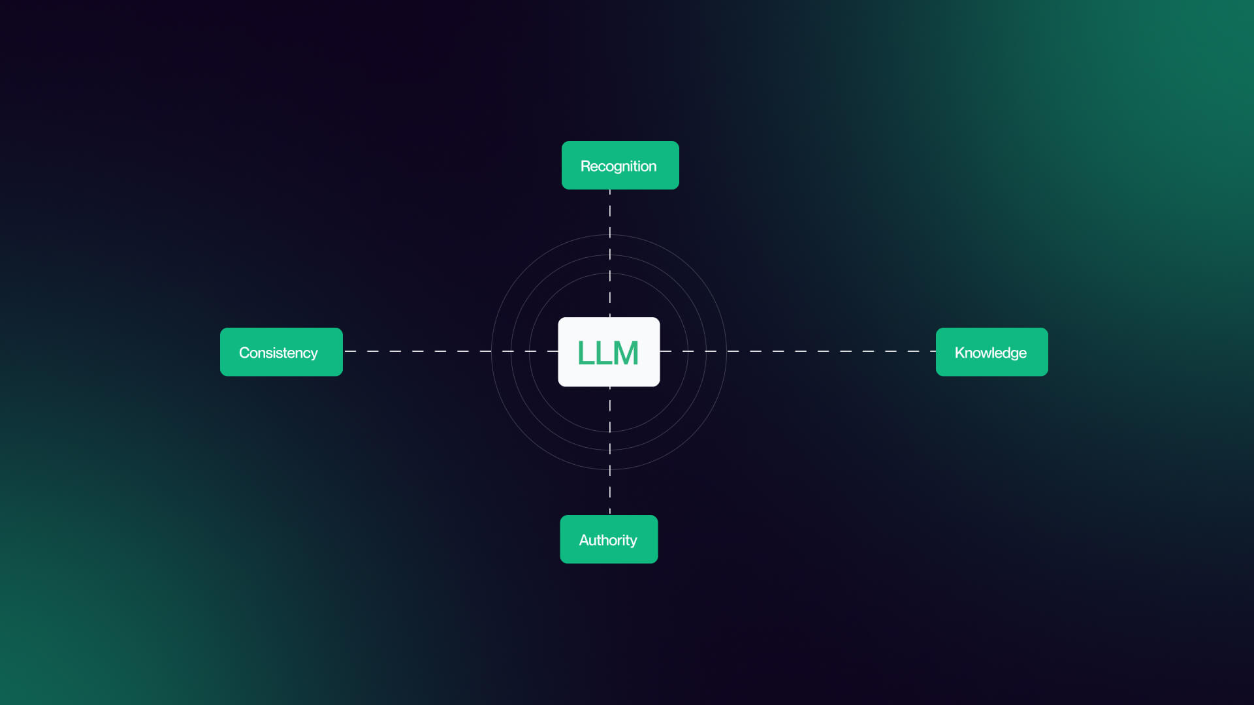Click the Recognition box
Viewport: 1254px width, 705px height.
click(x=620, y=165)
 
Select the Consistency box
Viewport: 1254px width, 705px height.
click(x=281, y=352)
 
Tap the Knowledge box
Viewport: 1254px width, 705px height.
click(x=991, y=352)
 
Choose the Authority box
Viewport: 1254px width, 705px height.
click(x=609, y=539)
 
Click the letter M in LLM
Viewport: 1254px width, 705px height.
click(x=626, y=353)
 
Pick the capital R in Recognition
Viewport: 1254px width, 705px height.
click(x=585, y=166)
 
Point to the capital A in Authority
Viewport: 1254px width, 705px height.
click(x=585, y=540)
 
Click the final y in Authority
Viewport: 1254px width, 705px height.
click(x=632, y=542)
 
